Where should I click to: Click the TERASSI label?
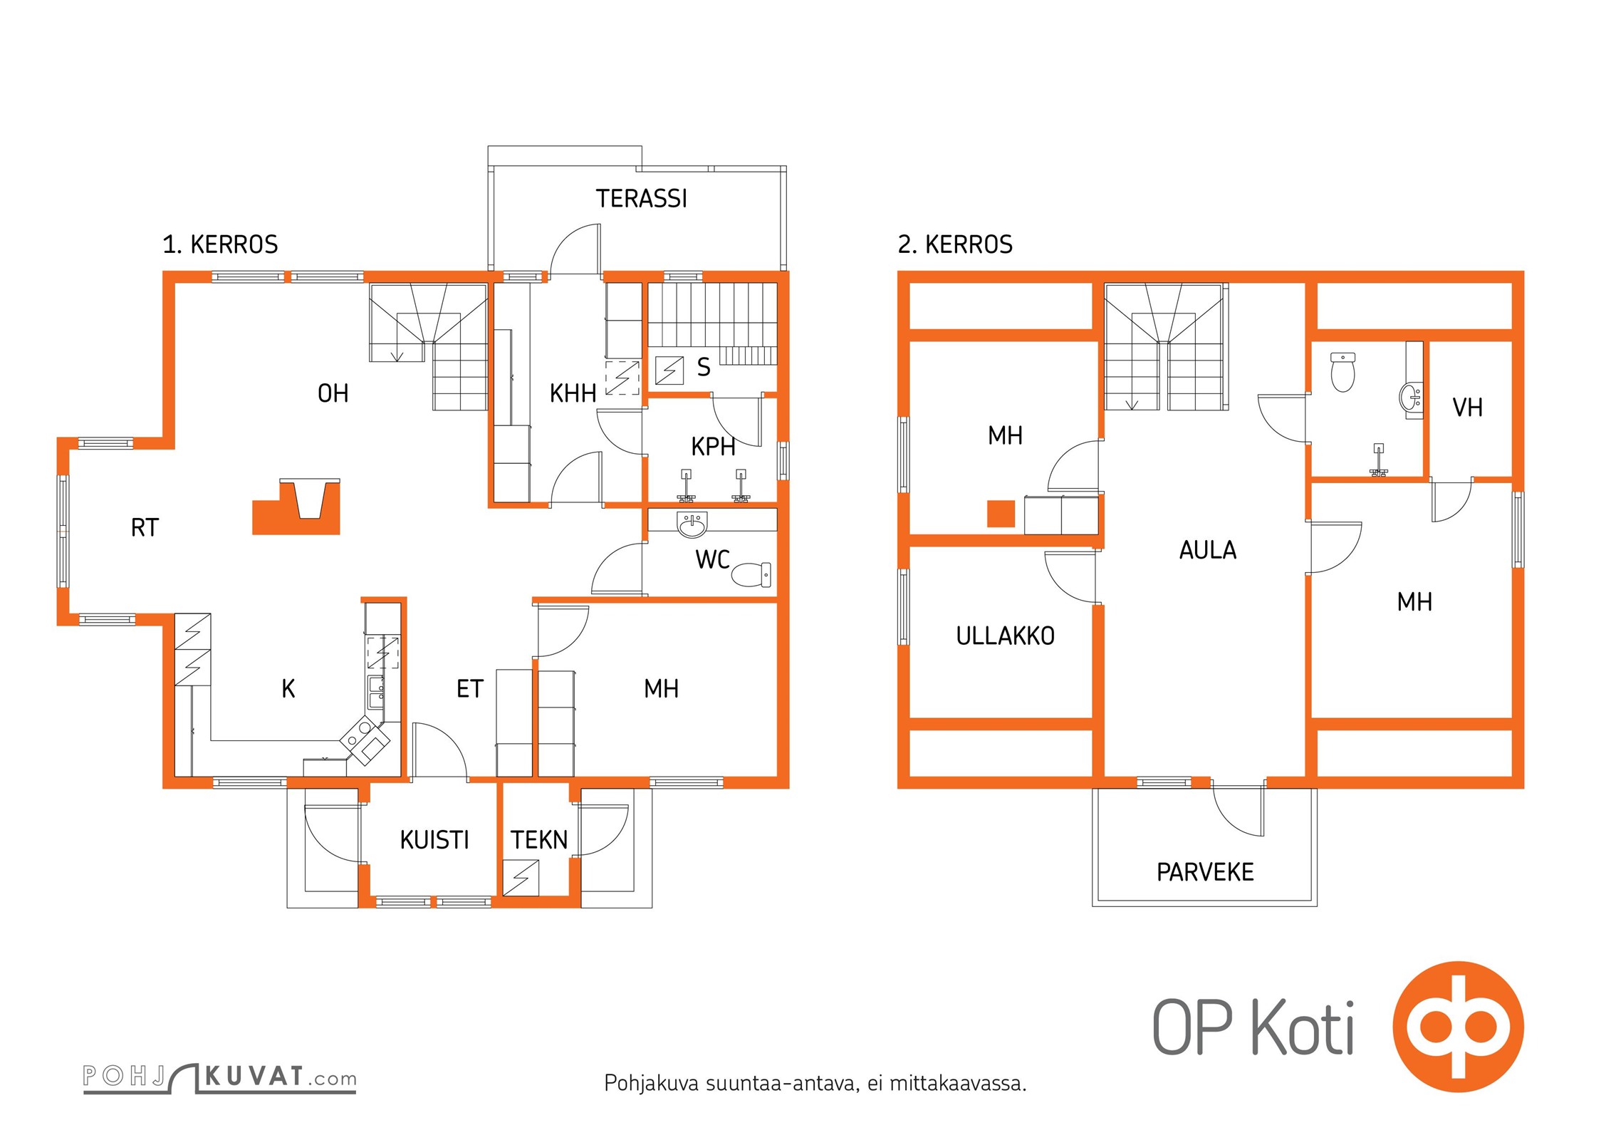tap(641, 199)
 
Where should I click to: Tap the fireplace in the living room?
tap(296, 507)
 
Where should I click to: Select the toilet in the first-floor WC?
tap(751, 574)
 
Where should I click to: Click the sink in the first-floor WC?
tap(692, 525)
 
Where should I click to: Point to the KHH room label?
tap(573, 393)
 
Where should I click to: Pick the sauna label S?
tap(704, 368)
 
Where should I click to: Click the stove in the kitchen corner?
tap(365, 740)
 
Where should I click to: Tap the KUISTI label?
tap(434, 840)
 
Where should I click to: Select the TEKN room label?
tap(539, 840)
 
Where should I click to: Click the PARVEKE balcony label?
tap(1205, 872)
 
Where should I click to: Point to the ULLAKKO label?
tap(1005, 636)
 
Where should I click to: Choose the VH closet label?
tap(1467, 408)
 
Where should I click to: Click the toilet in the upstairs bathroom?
tap(1342, 372)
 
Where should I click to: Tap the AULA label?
tap(1208, 550)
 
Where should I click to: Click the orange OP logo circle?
tap(1458, 1027)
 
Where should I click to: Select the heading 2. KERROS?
tap(955, 244)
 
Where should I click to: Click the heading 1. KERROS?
tap(220, 244)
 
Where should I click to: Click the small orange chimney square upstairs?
tap(1001, 514)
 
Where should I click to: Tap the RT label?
tap(145, 528)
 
